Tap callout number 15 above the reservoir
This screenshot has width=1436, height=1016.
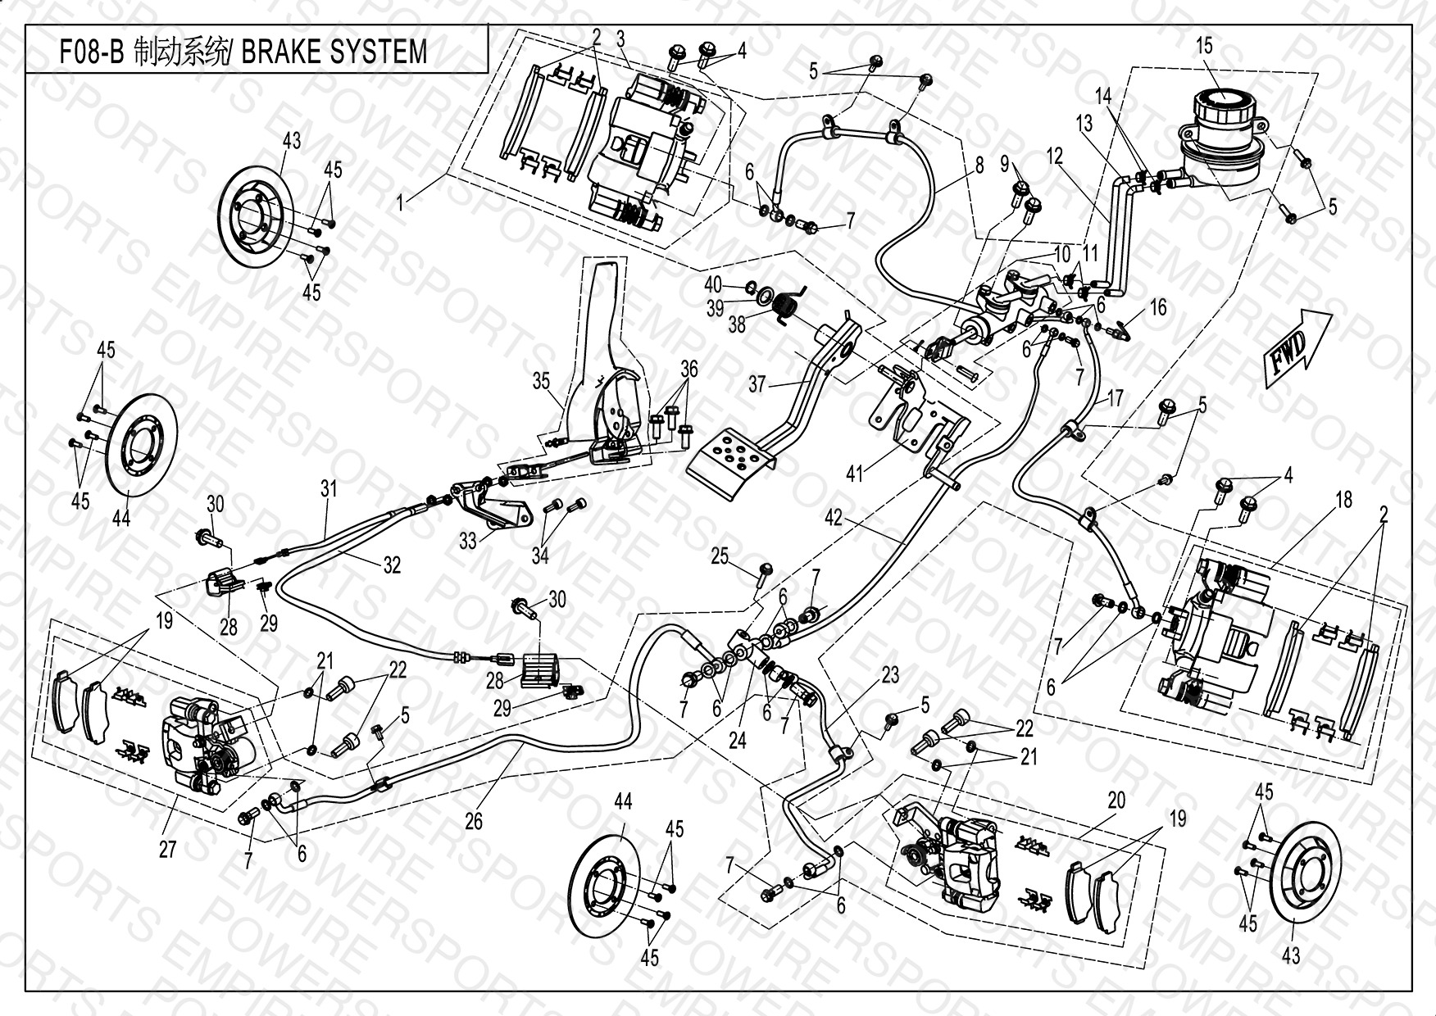[1203, 46]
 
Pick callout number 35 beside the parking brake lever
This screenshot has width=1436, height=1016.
[542, 382]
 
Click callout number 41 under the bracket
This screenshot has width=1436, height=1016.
[856, 474]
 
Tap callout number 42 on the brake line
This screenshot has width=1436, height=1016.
[834, 519]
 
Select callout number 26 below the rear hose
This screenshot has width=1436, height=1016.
[474, 819]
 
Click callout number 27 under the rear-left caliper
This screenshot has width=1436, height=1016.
[167, 850]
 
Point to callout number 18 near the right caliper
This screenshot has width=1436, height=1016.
[1344, 500]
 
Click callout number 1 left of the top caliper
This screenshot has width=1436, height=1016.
[401, 202]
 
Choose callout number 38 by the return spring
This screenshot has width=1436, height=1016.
[737, 324]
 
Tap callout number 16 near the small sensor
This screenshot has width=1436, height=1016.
[1158, 307]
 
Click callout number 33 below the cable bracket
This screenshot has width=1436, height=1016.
[468, 542]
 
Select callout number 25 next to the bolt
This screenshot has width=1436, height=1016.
[720, 557]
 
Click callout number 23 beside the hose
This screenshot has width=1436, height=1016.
[890, 675]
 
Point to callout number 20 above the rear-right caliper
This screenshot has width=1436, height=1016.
[1117, 801]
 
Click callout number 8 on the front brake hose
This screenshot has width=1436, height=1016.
[979, 165]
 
